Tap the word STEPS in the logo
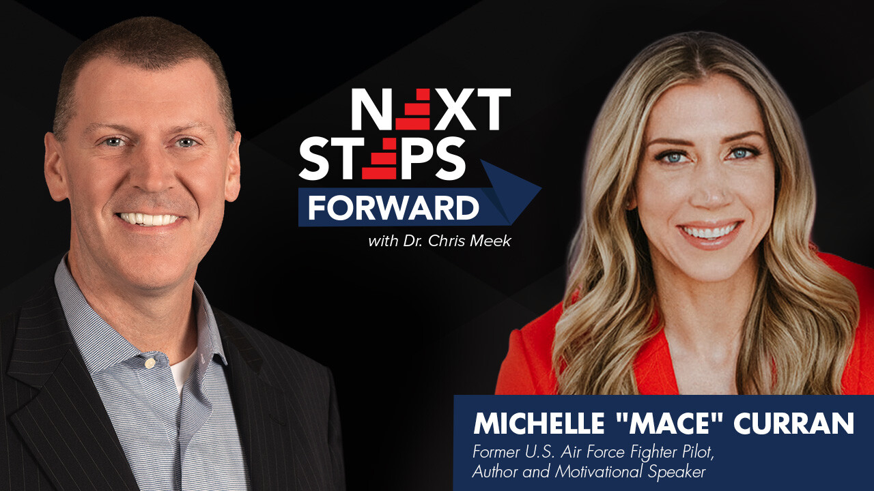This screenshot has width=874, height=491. tap(382, 158)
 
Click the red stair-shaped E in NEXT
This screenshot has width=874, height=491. tap(414, 109)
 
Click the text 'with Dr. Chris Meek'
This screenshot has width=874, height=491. tap(439, 241)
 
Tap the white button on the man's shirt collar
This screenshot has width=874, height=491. tap(148, 363)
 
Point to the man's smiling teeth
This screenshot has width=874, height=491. tap(150, 220)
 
